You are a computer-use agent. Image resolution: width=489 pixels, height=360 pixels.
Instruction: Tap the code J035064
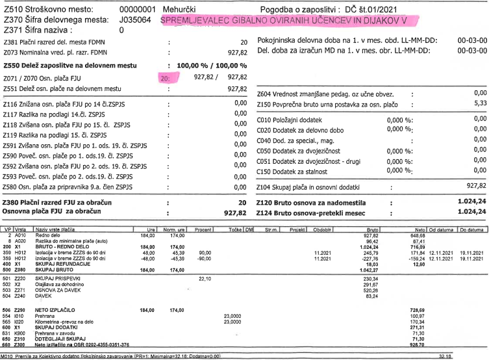(x=137, y=21)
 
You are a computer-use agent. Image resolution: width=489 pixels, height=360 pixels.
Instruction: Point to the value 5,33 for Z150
(x=479, y=103)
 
